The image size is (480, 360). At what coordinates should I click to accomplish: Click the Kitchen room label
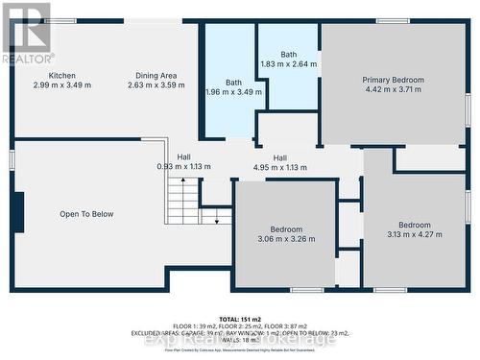[62, 76]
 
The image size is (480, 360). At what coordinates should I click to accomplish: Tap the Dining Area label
[156, 76]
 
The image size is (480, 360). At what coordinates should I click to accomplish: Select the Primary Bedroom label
[393, 81]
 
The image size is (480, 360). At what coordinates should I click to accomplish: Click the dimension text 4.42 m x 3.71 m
[393, 90]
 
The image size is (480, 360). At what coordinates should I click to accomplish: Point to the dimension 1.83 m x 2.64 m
[289, 64]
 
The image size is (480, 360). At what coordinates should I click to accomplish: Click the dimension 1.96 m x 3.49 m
[234, 92]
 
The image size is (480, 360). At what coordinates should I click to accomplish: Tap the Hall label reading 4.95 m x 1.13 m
[279, 158]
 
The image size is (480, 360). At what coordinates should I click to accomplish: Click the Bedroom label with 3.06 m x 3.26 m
[286, 229]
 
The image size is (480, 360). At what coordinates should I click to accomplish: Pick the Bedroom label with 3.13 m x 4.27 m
[415, 226]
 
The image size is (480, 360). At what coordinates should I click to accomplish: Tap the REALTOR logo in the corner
[26, 33]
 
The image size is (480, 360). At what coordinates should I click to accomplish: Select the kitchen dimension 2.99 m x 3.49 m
[62, 85]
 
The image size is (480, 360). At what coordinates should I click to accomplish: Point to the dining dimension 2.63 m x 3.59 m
[156, 85]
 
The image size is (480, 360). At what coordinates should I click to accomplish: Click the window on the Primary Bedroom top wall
[393, 21]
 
